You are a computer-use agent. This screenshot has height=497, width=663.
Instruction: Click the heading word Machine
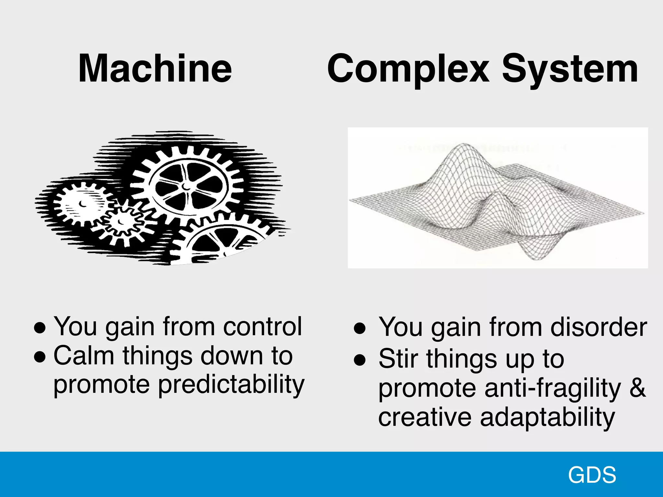click(x=155, y=69)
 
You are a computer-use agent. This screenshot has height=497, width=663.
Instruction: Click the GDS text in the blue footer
click(x=592, y=475)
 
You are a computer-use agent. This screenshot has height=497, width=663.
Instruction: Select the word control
click(x=263, y=326)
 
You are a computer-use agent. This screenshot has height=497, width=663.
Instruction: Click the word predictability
click(x=231, y=385)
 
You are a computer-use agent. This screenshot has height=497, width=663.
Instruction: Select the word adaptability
click(x=547, y=417)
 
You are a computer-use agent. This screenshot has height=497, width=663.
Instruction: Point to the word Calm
click(x=84, y=356)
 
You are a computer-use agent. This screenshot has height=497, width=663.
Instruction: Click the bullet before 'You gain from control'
click(x=39, y=328)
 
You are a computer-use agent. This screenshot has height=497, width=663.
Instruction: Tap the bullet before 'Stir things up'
click(x=359, y=360)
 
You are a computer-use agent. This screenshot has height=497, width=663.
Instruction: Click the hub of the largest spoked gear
click(x=186, y=187)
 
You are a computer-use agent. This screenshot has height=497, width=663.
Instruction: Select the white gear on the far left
click(x=83, y=204)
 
